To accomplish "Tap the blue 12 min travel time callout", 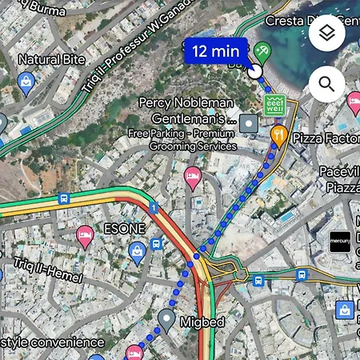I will [x=211, y=51].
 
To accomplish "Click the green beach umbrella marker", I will [x=262, y=53].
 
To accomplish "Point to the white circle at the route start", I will [x=254, y=72].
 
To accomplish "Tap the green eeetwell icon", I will [x=274, y=105].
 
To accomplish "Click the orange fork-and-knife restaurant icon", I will [x=278, y=133].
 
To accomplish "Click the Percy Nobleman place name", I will [x=186, y=102].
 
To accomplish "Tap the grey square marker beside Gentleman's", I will [x=250, y=123].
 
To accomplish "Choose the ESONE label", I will [x=125, y=228].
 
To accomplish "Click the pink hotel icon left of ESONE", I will [x=85, y=234].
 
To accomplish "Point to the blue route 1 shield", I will [x=152, y=209].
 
